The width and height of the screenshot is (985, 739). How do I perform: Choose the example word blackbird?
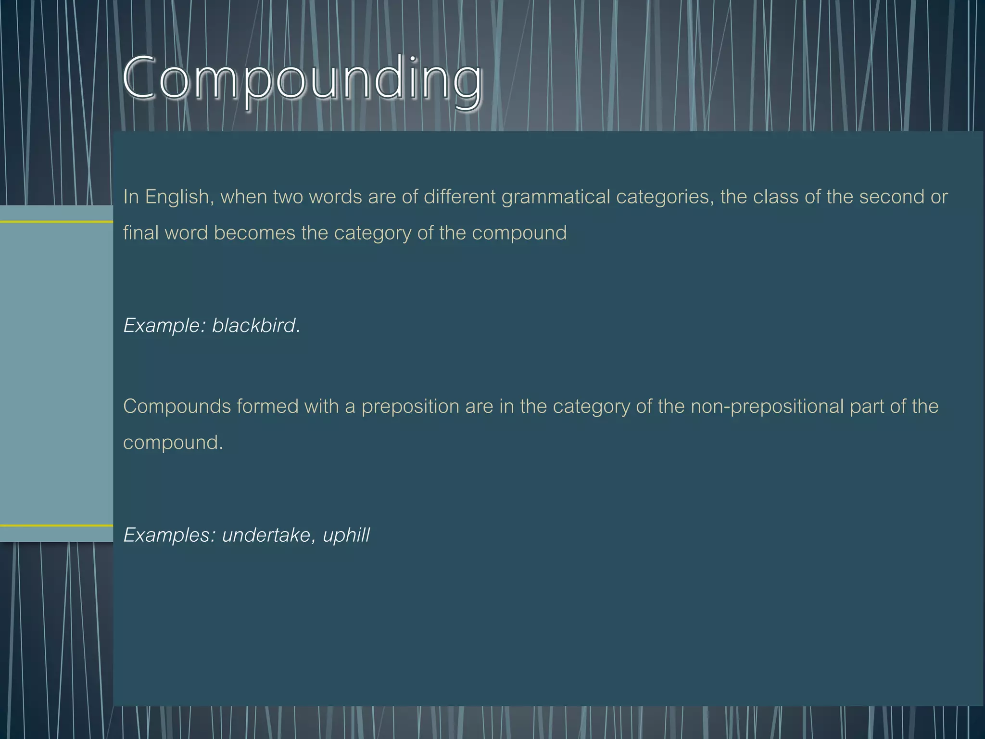pyautogui.click(x=255, y=326)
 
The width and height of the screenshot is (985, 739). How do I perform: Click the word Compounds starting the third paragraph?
pyautogui.click(x=177, y=407)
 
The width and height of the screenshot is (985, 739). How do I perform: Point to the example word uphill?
pyautogui.click(x=346, y=535)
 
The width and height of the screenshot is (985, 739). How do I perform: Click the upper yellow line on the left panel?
pyautogui.click(x=56, y=222)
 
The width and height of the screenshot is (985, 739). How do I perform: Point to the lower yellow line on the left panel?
pyautogui.click(x=56, y=525)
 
